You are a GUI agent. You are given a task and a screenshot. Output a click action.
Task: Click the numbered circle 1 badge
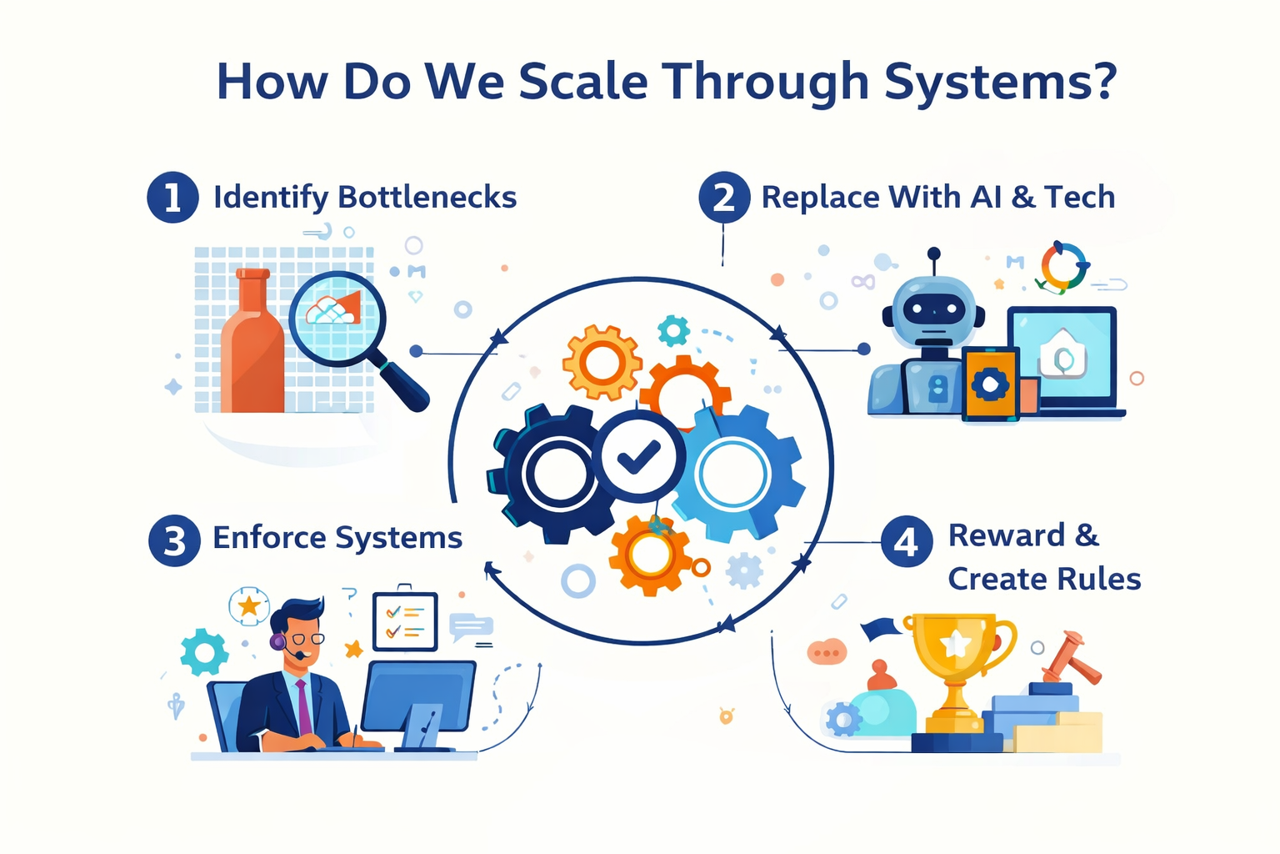click(x=172, y=198)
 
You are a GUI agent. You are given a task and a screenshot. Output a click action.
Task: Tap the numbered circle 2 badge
click(x=723, y=198)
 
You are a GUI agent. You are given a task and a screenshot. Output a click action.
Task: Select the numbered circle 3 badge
click(x=174, y=540)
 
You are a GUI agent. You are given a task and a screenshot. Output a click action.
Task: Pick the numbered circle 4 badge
click(x=907, y=542)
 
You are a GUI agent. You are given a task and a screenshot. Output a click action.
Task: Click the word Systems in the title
click(x=1000, y=82)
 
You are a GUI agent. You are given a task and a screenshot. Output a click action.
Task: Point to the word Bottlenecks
click(x=427, y=198)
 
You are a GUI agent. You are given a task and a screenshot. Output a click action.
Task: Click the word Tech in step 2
click(x=1079, y=198)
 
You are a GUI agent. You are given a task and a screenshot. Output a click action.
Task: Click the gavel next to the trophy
click(x=1070, y=659)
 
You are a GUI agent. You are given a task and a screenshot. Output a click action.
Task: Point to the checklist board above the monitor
click(x=405, y=621)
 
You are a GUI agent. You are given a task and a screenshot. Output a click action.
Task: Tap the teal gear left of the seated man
click(x=204, y=651)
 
